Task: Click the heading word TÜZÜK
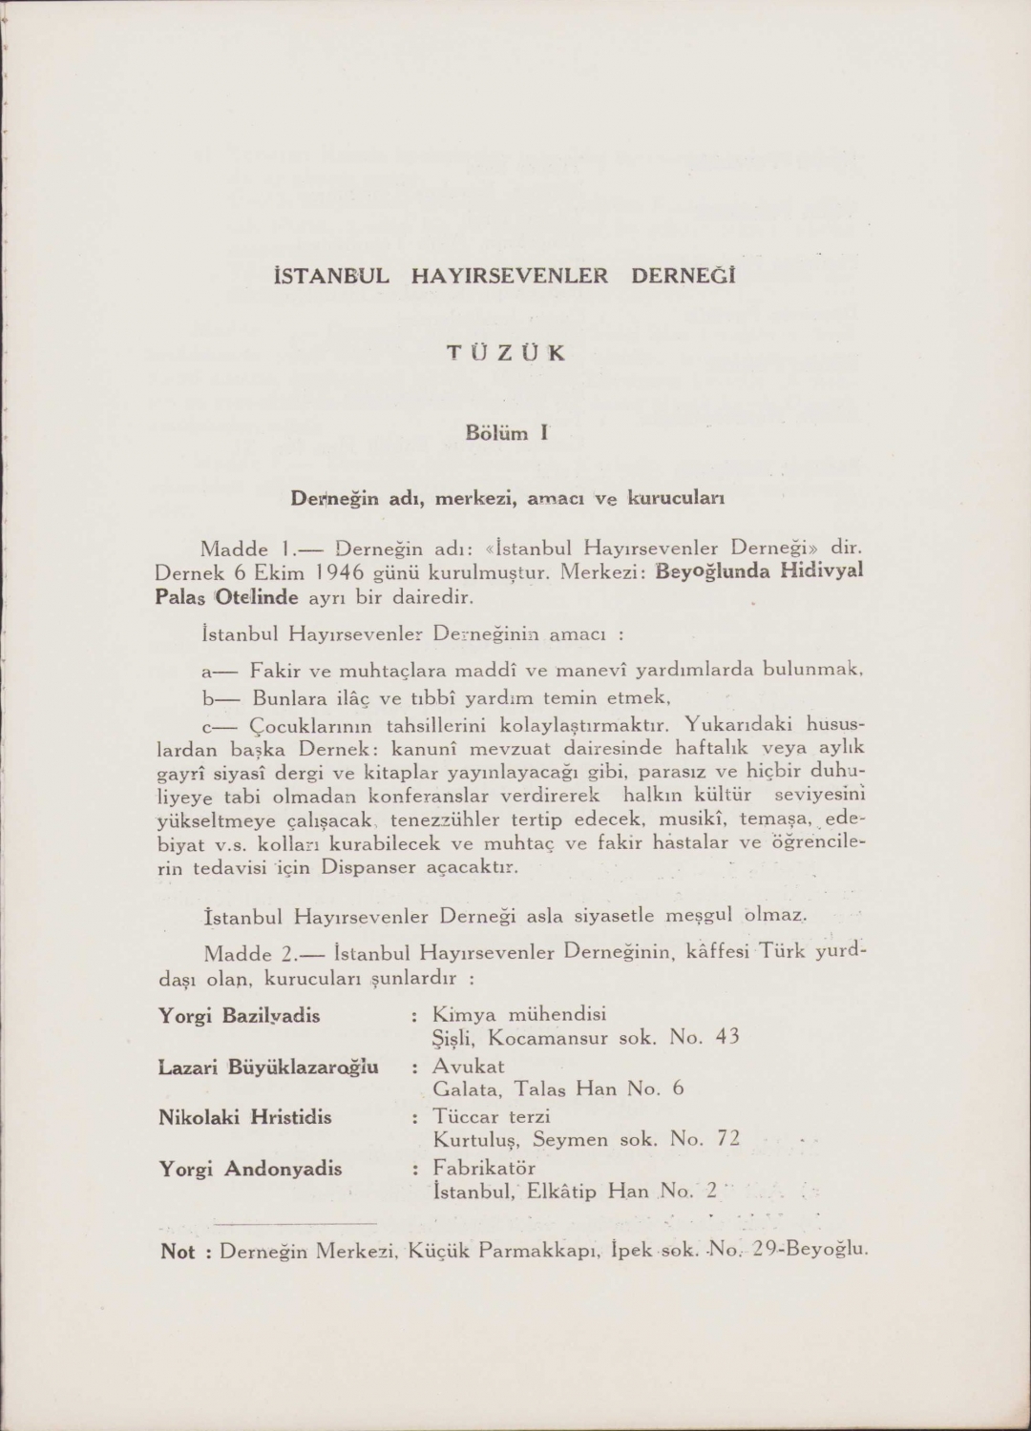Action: (x=506, y=353)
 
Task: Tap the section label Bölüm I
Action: (x=506, y=433)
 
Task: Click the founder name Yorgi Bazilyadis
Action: (x=240, y=1015)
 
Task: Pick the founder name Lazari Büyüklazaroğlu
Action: (x=268, y=1067)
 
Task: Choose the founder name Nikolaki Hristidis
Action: (x=245, y=1117)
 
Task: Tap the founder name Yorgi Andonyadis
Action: (x=250, y=1169)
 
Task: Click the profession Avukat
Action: (x=469, y=1066)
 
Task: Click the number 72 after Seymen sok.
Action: (x=727, y=1139)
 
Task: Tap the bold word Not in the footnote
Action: (x=178, y=1252)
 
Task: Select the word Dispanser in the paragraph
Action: (x=368, y=867)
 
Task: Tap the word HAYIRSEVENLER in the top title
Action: (x=509, y=277)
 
